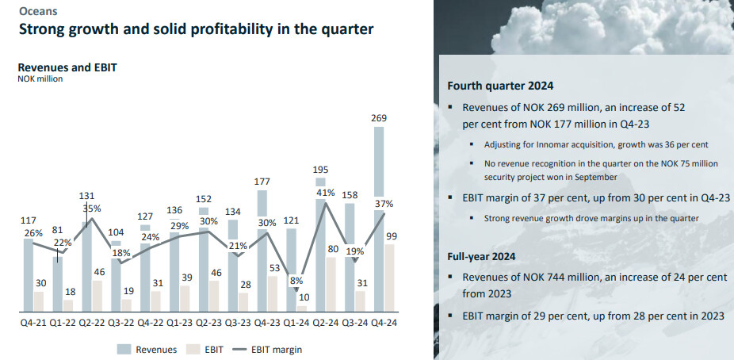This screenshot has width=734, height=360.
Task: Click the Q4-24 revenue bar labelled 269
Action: coord(379,198)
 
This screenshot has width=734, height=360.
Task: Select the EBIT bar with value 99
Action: coord(391,277)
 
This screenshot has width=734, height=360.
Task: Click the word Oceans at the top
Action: coord(37,11)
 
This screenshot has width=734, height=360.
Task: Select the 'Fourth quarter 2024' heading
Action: coord(500,86)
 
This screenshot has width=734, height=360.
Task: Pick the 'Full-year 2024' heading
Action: coord(482,256)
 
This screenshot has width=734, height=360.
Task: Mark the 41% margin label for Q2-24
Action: coord(325,193)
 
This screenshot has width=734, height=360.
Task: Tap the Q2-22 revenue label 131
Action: coord(86,195)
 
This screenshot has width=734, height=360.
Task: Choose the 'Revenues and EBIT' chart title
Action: coord(67,67)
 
